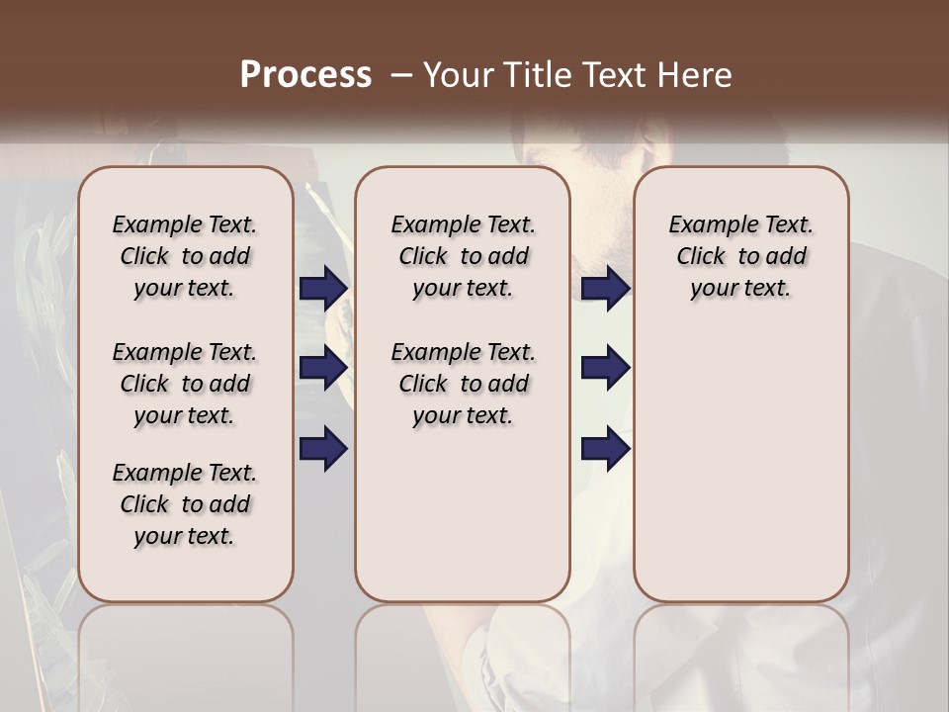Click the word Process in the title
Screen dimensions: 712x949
pyautogui.click(x=305, y=74)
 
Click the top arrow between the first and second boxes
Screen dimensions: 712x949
pyautogui.click(x=323, y=288)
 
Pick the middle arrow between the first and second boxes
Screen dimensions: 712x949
pyautogui.click(x=323, y=368)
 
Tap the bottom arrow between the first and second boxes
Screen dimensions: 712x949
pyautogui.click(x=323, y=448)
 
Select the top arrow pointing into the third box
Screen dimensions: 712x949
pyautogui.click(x=606, y=288)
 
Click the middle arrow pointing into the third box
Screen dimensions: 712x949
pyautogui.click(x=606, y=368)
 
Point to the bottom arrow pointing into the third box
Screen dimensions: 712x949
pyautogui.click(x=606, y=448)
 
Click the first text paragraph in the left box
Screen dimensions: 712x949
pyautogui.click(x=185, y=256)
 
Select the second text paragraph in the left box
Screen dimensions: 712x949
pyautogui.click(x=185, y=384)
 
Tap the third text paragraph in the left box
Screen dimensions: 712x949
pyautogui.click(x=185, y=504)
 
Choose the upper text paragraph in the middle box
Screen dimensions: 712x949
pyautogui.click(x=463, y=256)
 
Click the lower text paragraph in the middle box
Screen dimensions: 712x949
pyautogui.click(x=463, y=384)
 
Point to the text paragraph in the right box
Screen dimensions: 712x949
pyautogui.click(x=740, y=256)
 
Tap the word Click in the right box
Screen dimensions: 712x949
pyautogui.click(x=701, y=256)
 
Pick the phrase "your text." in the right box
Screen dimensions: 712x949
pyautogui.click(x=740, y=288)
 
